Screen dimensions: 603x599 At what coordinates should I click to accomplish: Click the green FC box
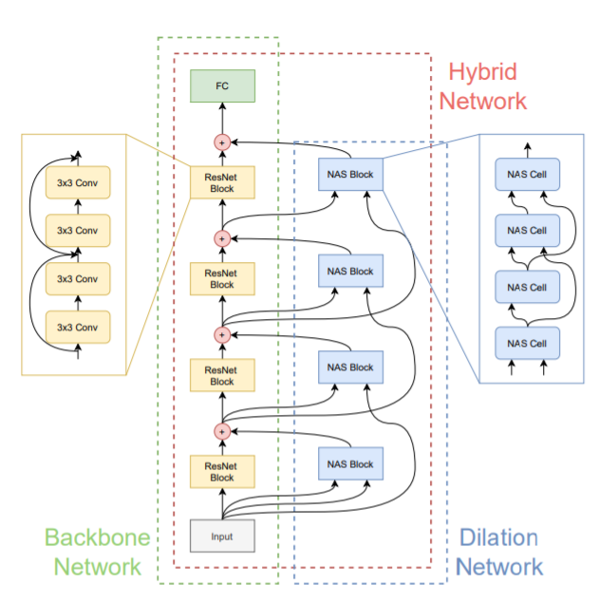tap(222, 86)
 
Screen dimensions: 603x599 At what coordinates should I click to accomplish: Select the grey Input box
tap(222, 536)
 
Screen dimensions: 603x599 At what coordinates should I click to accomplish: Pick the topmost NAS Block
tap(350, 175)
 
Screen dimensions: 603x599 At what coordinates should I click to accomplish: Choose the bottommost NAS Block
tap(350, 464)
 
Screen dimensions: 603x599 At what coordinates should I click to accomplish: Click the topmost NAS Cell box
tap(528, 175)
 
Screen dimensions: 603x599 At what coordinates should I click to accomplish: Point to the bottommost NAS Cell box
tap(528, 342)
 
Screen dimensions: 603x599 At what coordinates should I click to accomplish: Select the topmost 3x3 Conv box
tap(78, 182)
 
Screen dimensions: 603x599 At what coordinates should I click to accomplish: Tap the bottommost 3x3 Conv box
tap(78, 327)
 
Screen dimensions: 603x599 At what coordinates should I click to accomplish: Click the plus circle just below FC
tap(222, 142)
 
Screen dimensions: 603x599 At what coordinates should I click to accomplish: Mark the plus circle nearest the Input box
tap(222, 431)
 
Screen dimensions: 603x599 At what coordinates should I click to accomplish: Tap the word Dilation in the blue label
tap(498, 538)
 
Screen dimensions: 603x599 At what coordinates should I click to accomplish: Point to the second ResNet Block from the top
tap(222, 278)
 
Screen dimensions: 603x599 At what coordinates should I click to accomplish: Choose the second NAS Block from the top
tap(350, 272)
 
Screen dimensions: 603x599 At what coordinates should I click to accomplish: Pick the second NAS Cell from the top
tap(528, 231)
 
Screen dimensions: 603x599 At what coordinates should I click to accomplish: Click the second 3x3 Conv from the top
tap(78, 230)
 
